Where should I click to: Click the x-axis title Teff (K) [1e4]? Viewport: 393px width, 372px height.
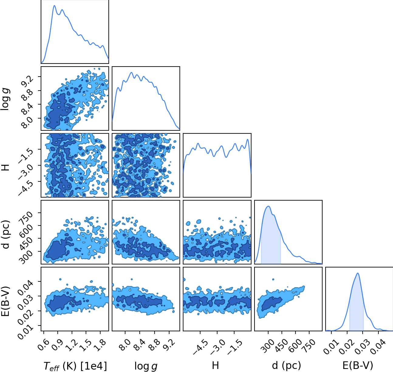pyautogui.click(x=75, y=366)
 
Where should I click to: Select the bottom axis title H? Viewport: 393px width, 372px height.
pyautogui.click(x=215, y=365)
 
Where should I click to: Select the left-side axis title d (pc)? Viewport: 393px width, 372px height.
pyautogui.click(x=5, y=234)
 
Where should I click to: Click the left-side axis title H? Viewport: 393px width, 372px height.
pyautogui.click(x=5, y=167)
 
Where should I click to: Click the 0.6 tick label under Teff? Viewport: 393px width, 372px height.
pyautogui.click(x=43, y=345)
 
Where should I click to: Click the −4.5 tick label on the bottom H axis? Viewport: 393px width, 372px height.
pyautogui.click(x=201, y=347)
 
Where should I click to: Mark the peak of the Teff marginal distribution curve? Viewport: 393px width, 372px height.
pyautogui.click(x=54, y=5)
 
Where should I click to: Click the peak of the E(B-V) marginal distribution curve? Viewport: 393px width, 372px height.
pyautogui.click(x=358, y=273)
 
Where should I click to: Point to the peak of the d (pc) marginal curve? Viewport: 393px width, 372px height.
pyautogui.click(x=268, y=206)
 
